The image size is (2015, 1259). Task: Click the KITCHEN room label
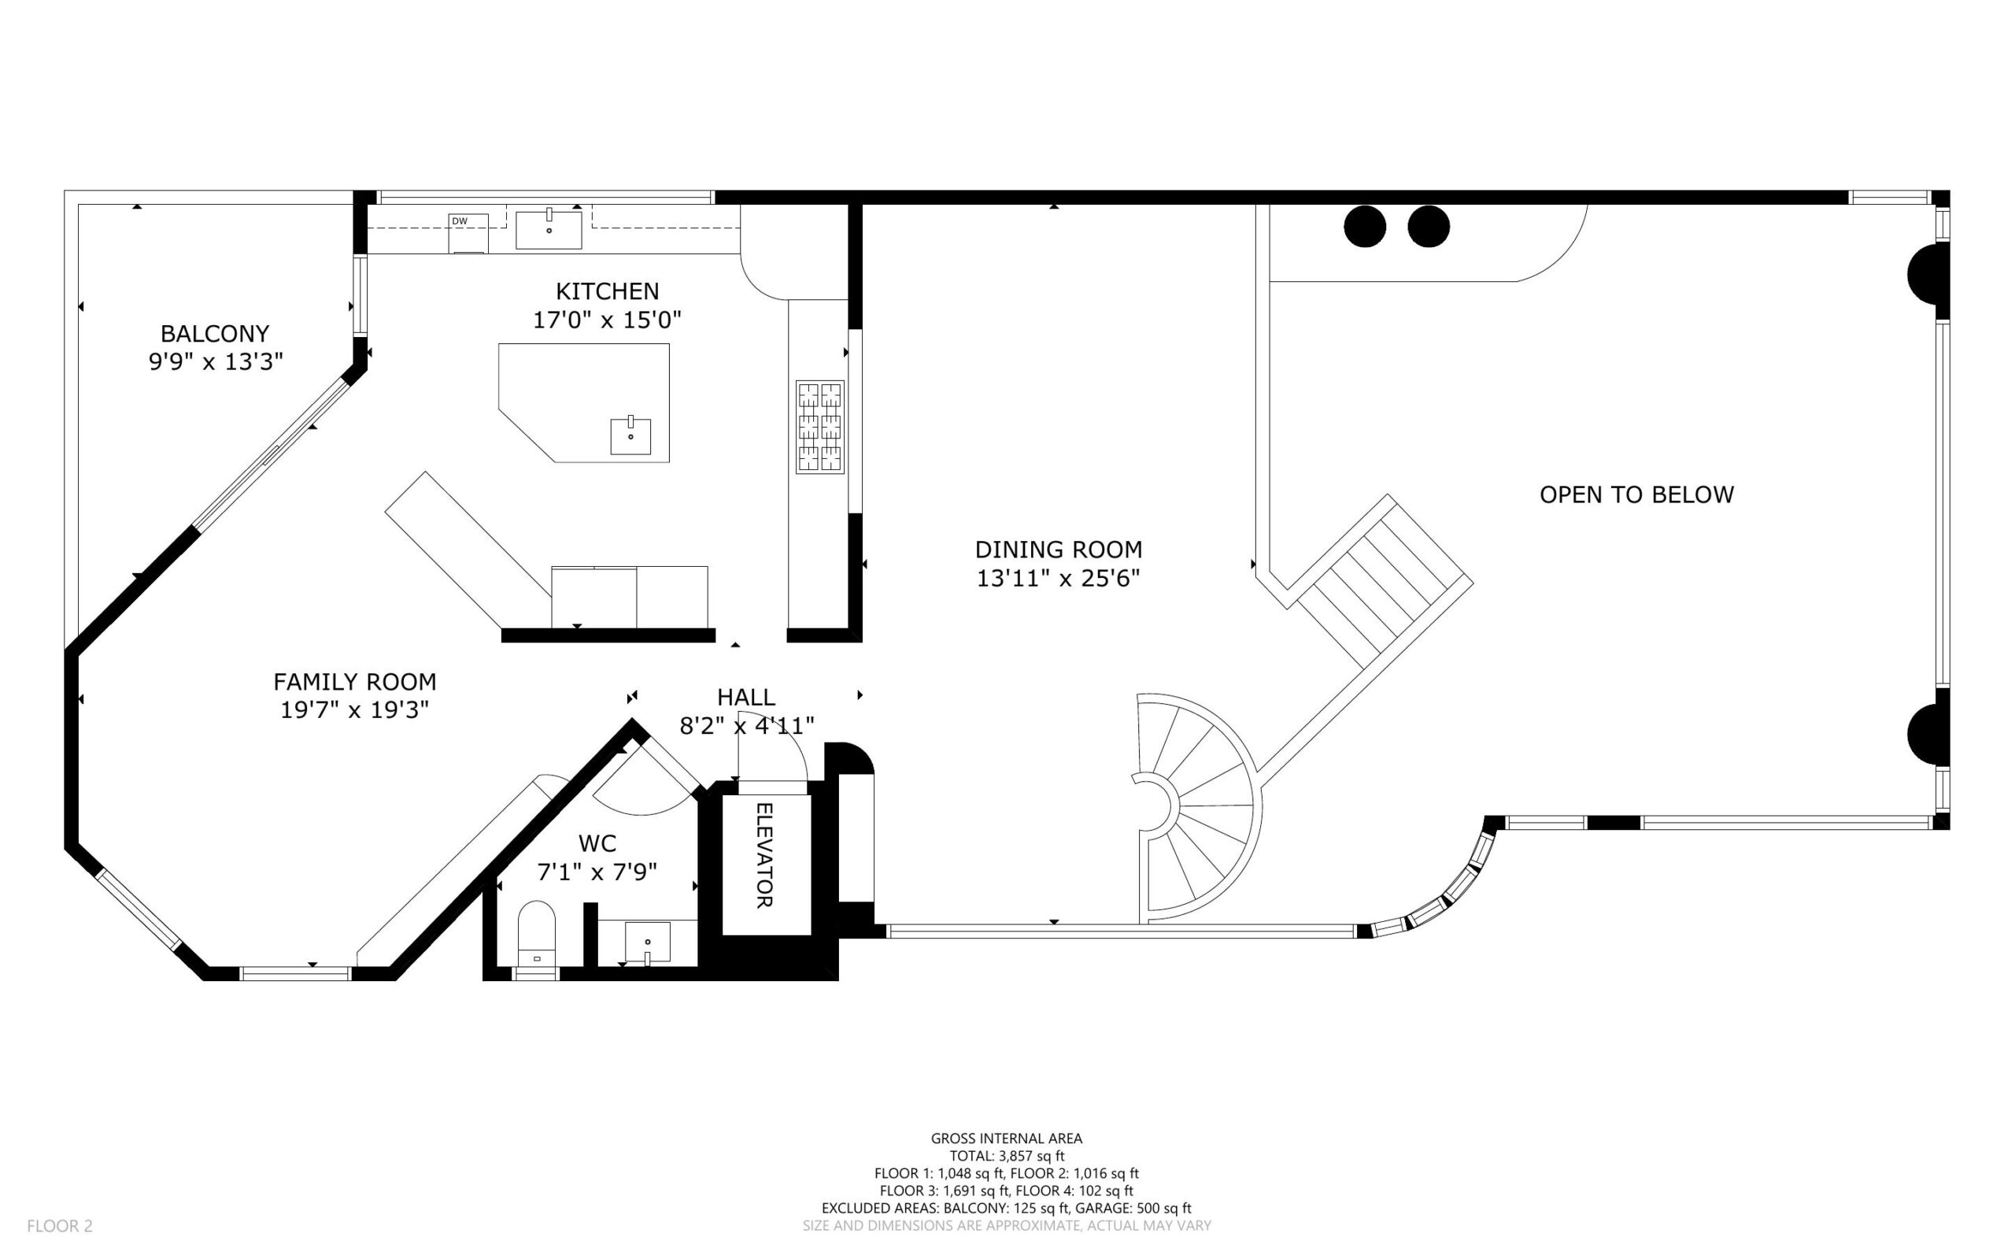click(x=607, y=291)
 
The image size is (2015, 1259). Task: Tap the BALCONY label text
click(x=215, y=334)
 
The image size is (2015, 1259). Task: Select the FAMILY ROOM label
click(x=354, y=682)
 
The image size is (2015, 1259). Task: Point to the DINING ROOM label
click(x=1058, y=550)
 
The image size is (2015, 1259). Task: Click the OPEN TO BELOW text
click(x=1636, y=494)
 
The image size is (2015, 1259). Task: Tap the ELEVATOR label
click(x=764, y=854)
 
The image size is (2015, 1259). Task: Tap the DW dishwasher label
click(x=460, y=220)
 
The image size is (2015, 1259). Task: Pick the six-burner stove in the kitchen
click(x=820, y=428)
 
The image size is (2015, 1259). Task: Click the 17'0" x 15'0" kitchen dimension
click(x=607, y=320)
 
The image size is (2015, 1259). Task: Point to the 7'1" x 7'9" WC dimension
click(x=597, y=872)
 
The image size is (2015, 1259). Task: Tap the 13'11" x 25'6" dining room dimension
click(x=1058, y=578)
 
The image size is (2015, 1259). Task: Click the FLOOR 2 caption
click(x=60, y=1226)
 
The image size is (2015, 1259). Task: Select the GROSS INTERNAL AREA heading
click(x=1006, y=1139)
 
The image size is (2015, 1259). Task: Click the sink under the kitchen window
click(x=549, y=230)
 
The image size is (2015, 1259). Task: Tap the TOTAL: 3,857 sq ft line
click(x=1007, y=1156)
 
